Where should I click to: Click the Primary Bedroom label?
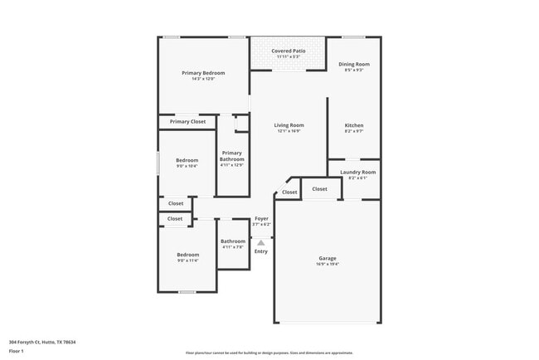point(203,73)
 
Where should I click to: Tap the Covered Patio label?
point(289,51)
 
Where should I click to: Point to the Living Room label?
point(289,125)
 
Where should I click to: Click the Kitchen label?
point(354,125)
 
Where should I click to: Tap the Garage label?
point(328,258)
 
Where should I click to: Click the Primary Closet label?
point(187,122)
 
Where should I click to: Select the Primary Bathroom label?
point(232,156)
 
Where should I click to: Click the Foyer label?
point(261,219)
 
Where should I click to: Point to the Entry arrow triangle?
point(261,242)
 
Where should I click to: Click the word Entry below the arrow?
point(261,251)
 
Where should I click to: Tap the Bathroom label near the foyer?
point(233,241)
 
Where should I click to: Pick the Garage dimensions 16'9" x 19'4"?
point(328,265)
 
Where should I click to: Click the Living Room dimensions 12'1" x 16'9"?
point(289,131)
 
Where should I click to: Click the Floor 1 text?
point(17,351)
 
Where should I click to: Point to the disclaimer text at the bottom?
point(269,353)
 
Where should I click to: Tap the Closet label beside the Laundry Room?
point(320,189)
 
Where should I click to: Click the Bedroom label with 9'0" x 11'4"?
point(187,255)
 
